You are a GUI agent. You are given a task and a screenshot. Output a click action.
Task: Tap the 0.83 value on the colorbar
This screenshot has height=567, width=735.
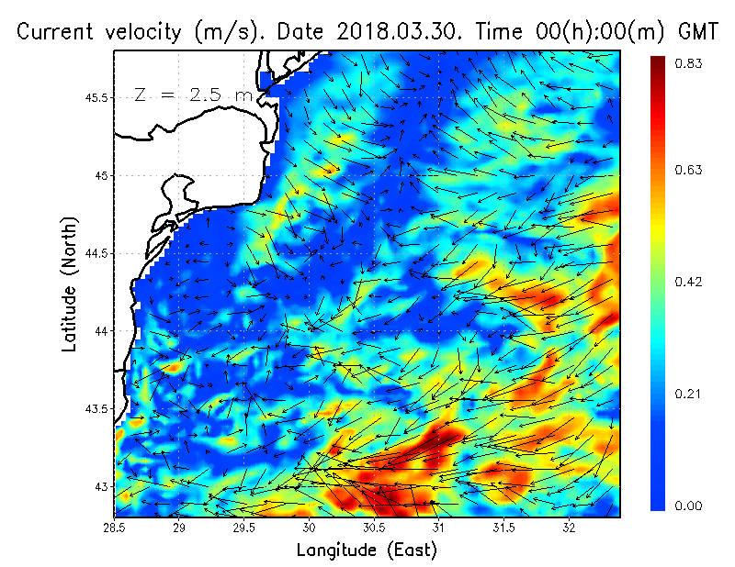pyautogui.click(x=691, y=63)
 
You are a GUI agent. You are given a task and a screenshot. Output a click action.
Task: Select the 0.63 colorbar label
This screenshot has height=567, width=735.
pyautogui.click(x=691, y=170)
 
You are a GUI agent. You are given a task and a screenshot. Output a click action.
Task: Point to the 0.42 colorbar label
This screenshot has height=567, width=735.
pyautogui.click(x=691, y=282)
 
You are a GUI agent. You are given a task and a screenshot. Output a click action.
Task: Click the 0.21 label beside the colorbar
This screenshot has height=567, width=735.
pyautogui.click(x=691, y=394)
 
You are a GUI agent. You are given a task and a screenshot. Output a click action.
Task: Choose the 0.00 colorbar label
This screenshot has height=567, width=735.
pyautogui.click(x=691, y=506)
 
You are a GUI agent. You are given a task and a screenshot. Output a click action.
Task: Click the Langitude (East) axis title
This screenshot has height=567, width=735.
pyautogui.click(x=367, y=550)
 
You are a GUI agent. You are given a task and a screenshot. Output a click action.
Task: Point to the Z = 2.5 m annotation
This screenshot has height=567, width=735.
pyautogui.click(x=194, y=94)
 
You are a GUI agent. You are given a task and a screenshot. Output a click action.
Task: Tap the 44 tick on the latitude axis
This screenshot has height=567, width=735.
pyautogui.click(x=102, y=330)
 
